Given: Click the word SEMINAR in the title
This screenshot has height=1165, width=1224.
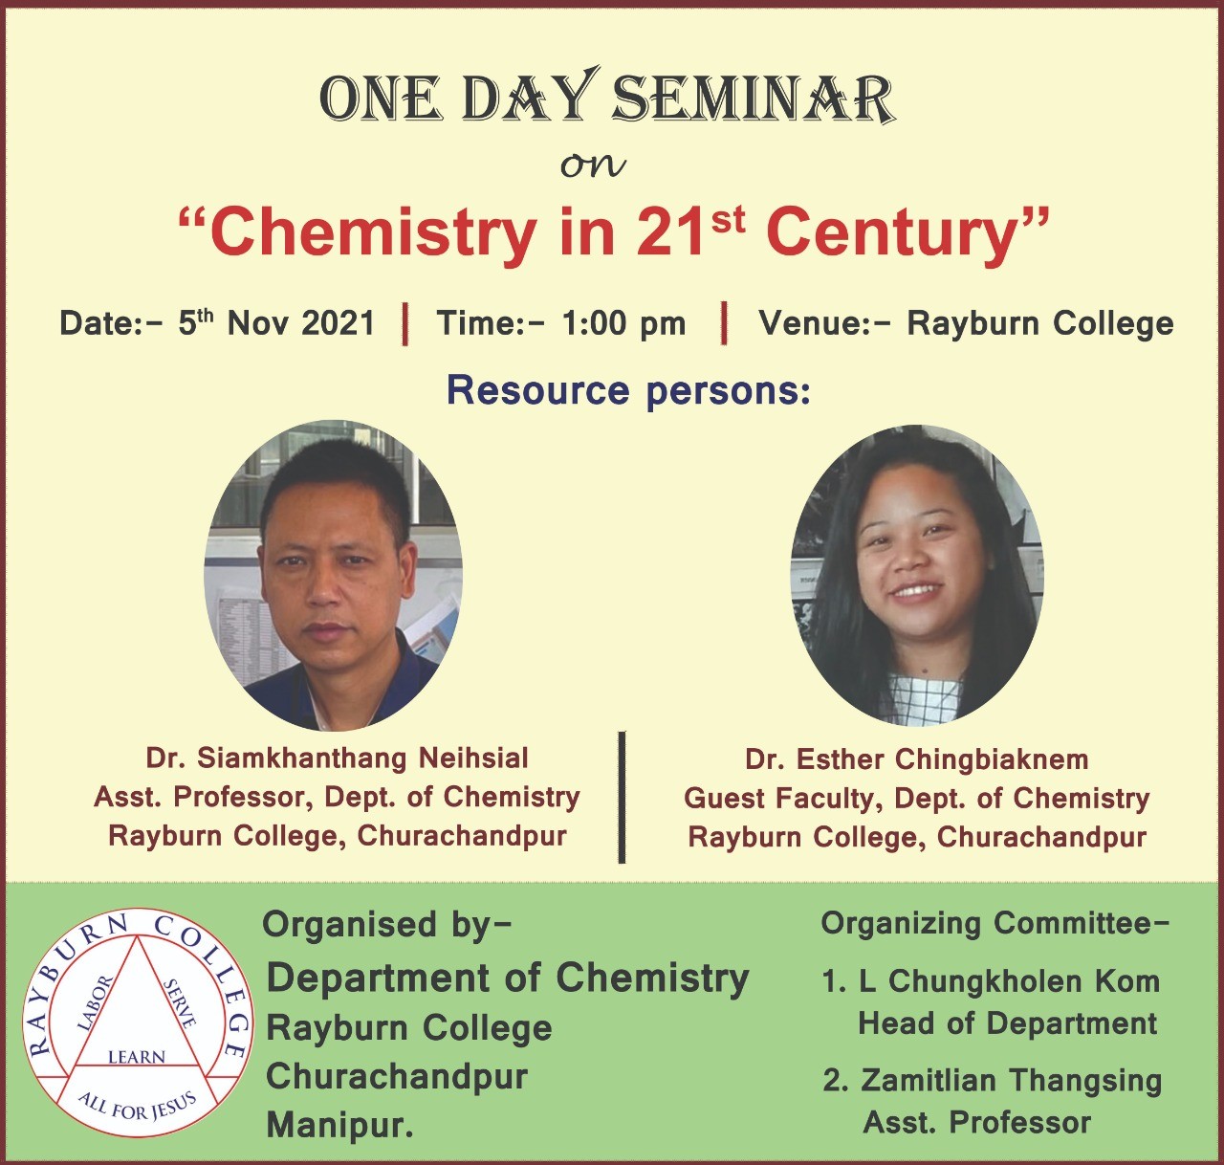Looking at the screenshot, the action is coord(754,98).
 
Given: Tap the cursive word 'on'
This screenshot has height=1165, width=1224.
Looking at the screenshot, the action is coord(593,165).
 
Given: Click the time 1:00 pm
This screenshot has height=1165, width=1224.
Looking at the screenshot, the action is coord(623,324).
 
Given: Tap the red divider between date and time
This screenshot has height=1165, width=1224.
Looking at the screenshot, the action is coord(405,323).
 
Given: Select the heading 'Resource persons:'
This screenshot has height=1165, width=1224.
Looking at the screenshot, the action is coord(629,390).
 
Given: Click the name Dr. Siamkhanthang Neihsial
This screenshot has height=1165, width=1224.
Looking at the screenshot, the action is coord(337,758).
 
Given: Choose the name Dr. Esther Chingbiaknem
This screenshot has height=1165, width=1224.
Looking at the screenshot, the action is coord(916,759).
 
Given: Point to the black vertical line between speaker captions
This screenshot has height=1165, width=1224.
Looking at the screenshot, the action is coord(622,797).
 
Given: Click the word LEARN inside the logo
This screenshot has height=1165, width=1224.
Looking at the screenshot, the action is coord(137,1057).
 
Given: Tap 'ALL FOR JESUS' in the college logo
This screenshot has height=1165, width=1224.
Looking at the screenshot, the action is coord(137,1106).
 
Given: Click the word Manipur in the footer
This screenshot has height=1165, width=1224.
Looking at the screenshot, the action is coord(339,1126).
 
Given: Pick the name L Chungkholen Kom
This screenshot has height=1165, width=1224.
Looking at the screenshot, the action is coord(1009,981).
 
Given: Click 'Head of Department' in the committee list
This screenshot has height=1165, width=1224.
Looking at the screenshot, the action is coord(1007,1022).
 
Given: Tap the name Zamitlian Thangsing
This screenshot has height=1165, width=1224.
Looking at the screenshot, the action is coord(1011,1080).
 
